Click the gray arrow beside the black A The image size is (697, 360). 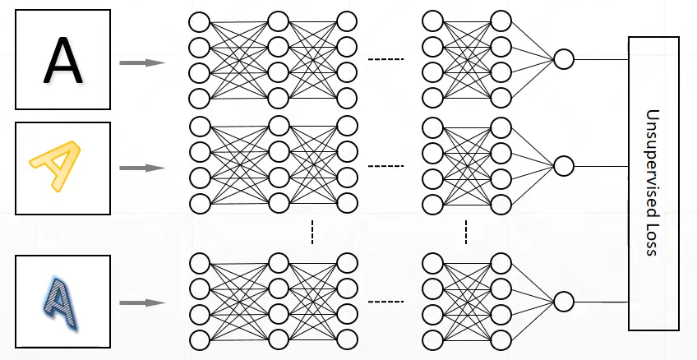click(x=142, y=62)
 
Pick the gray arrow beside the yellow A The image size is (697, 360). click(x=142, y=168)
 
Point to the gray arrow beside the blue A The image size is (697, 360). click(x=142, y=302)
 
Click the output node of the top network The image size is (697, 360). click(x=563, y=59)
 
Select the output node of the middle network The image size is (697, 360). click(x=563, y=166)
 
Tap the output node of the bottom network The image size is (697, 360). click(x=563, y=302)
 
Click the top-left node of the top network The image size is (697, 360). click(x=199, y=21)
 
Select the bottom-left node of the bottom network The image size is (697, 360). click(x=199, y=339)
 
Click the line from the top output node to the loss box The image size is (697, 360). click(x=601, y=59)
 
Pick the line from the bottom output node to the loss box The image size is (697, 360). click(x=601, y=302)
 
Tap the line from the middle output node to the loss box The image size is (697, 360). click(x=601, y=166)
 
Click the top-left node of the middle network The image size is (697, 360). click(x=199, y=127)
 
